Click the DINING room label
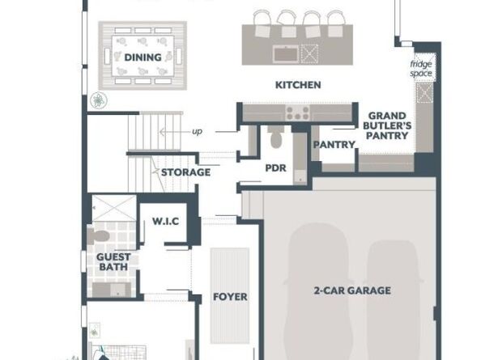click(x=143, y=57)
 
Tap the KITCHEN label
click(x=298, y=85)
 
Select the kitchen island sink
click(x=286, y=54)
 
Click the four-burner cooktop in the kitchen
click(x=297, y=112)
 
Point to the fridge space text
click(x=421, y=69)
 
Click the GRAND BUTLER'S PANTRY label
click(x=387, y=125)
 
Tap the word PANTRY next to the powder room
click(x=334, y=144)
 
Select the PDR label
click(x=275, y=168)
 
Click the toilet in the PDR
click(x=276, y=137)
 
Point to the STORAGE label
click(x=186, y=172)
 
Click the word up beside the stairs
click(x=198, y=131)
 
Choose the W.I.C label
click(x=166, y=221)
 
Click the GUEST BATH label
click(x=113, y=261)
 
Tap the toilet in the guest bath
click(x=98, y=236)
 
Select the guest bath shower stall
click(x=114, y=208)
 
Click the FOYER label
click(x=230, y=297)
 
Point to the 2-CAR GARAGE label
click(x=352, y=290)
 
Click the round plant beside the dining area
click(x=99, y=100)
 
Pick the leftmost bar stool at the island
click(x=262, y=23)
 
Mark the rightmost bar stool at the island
click(x=335, y=23)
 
